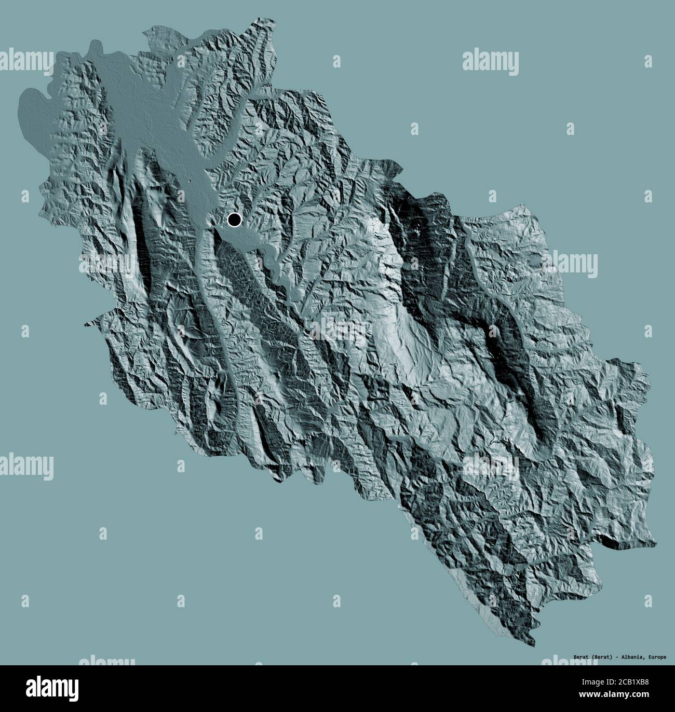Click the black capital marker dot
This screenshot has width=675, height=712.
[x=234, y=220]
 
